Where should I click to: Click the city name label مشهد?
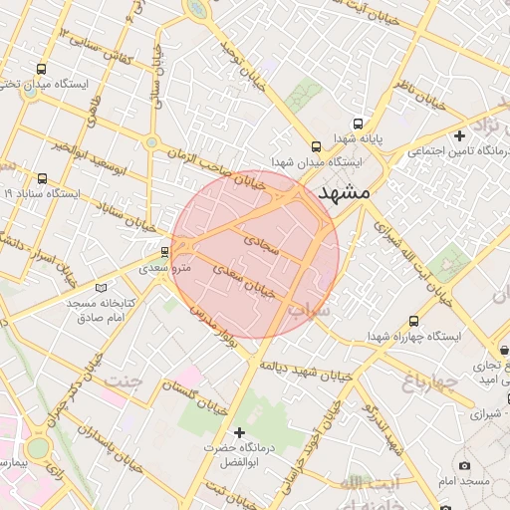pos(342,192)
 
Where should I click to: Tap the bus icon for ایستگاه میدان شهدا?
pos(317,144)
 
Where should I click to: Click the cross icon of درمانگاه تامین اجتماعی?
pos(459,135)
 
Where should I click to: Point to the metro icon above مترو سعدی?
pos(164,251)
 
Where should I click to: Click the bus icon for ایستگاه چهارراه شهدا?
pos(414,321)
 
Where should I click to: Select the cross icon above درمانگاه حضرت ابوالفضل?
pos(239,432)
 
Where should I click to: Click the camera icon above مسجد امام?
pos(464,466)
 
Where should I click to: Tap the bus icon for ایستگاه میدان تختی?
pos(41,70)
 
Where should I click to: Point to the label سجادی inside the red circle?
pos(264,242)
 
